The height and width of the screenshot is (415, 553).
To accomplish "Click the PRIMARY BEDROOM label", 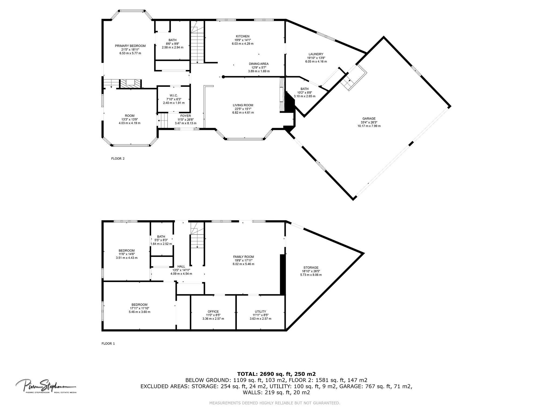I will [x=130, y=46].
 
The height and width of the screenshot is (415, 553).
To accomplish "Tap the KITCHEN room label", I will [x=242, y=36].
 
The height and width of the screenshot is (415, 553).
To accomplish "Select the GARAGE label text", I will [x=369, y=119].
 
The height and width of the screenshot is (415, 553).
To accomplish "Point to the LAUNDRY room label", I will [x=316, y=54].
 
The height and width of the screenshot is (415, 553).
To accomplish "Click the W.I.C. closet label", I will [x=174, y=96].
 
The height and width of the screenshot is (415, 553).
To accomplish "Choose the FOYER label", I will [x=186, y=116].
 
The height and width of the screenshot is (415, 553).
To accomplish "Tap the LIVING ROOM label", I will [x=243, y=105].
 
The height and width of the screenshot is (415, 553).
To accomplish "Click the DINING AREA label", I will [x=259, y=64].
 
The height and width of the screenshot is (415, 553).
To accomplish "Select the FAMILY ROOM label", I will [x=243, y=257].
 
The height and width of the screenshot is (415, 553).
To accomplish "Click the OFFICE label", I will [x=213, y=311].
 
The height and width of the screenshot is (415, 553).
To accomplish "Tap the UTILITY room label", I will [x=260, y=311].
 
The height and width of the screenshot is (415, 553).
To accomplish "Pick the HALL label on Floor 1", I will [x=181, y=266].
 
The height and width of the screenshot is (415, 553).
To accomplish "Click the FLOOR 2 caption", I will [x=118, y=159].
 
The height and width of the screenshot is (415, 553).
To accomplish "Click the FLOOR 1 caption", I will [x=108, y=344].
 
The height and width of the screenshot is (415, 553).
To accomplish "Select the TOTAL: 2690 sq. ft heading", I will [x=276, y=374].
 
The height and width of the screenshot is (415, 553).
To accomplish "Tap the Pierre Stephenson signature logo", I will [x=46, y=386].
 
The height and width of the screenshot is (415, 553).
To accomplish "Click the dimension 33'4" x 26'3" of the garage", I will [x=369, y=122].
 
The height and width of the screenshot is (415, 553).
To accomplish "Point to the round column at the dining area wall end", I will [x=223, y=77].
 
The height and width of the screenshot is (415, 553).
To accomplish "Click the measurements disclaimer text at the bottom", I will [x=275, y=403].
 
